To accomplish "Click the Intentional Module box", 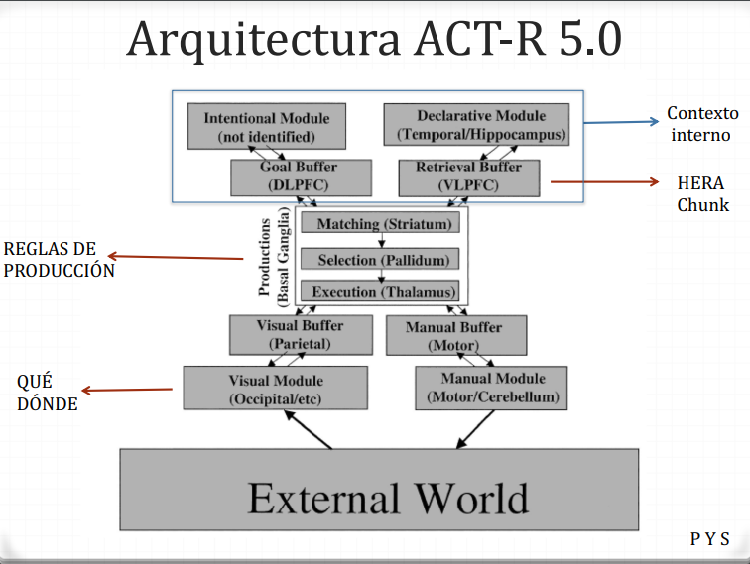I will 266,126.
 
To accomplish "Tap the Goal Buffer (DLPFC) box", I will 287,176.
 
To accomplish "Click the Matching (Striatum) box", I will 381,224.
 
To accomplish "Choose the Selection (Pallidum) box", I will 381,260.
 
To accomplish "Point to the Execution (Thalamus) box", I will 381,292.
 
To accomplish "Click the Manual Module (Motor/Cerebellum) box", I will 492,389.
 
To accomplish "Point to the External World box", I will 379,496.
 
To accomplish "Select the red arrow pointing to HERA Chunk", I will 605,181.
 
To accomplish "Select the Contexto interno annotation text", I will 702,123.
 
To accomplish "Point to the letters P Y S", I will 709,540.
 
